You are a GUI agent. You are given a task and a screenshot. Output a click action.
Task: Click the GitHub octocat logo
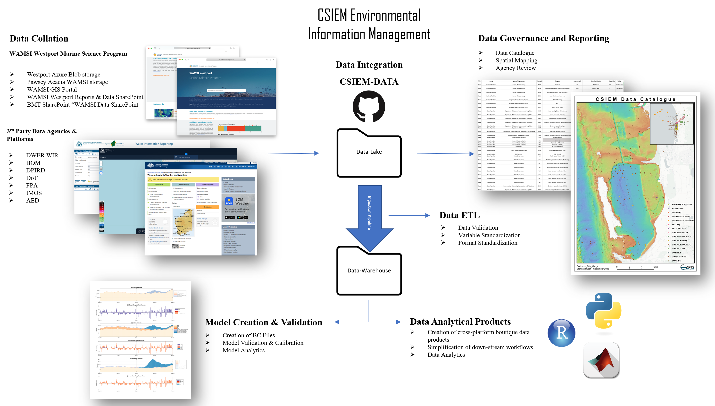click(369, 106)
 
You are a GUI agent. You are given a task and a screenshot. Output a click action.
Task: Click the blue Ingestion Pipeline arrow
click(369, 215)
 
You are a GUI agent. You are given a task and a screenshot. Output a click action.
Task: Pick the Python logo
click(603, 310)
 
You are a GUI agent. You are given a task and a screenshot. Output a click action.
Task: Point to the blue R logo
click(561, 333)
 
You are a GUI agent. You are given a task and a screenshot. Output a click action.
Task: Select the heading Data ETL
click(459, 215)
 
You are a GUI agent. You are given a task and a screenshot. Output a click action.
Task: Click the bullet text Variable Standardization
click(489, 235)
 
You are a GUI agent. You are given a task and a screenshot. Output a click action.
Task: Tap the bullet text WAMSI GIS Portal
click(52, 90)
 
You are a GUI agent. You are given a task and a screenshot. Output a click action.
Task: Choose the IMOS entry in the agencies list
click(34, 193)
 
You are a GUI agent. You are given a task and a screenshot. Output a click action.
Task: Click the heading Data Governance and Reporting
click(543, 38)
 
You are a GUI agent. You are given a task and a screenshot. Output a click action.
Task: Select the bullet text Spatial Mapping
click(516, 60)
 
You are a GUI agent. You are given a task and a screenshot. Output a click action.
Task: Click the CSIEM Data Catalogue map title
click(635, 99)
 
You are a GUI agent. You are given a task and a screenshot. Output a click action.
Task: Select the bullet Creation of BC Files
click(248, 335)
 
